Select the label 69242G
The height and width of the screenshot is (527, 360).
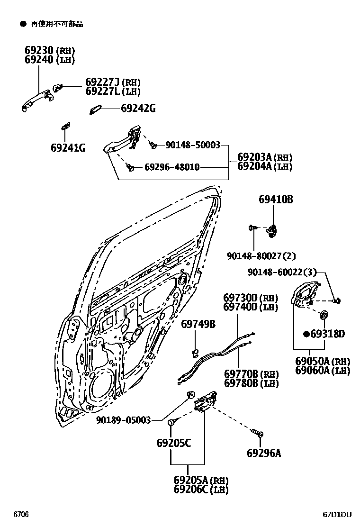138,109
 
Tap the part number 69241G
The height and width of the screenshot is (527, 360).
68,148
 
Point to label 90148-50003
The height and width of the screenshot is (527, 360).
193,145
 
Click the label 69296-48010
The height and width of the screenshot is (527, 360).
171,167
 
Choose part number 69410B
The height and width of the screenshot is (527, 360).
276,200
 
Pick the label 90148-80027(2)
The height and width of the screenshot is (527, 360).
261,256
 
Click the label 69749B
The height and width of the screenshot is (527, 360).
198,324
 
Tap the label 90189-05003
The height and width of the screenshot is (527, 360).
124,420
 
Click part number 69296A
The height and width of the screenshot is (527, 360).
263,453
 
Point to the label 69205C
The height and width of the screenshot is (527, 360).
174,443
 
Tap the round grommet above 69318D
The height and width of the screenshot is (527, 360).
324,315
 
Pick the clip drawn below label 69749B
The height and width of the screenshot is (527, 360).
195,351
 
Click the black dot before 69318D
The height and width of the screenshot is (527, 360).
306,334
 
